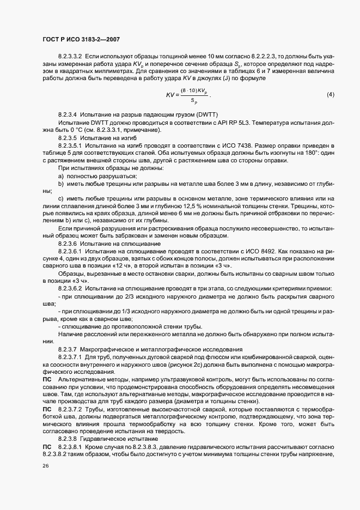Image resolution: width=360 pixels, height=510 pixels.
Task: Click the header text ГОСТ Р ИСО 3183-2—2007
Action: (x=81, y=40)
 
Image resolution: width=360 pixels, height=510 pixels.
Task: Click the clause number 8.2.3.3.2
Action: (x=69, y=56)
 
